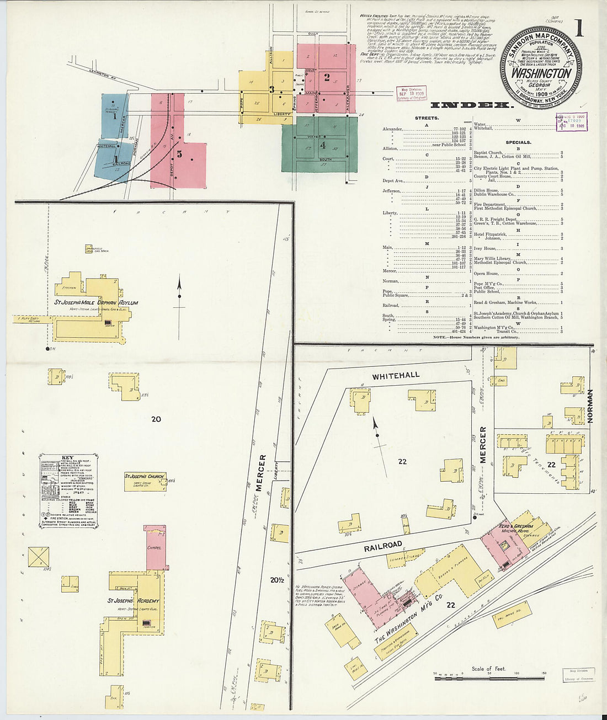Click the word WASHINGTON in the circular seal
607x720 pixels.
tap(541, 73)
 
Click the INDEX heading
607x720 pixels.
tap(470, 105)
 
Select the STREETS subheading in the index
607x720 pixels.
tap(427, 118)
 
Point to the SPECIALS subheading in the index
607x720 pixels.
tap(518, 142)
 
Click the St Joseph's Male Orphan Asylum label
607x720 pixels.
tap(96, 303)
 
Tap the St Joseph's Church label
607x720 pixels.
tap(144, 476)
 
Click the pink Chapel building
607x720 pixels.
tap(156, 548)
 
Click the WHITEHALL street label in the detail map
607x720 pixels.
tap(396, 376)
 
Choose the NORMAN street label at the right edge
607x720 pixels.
tap(589, 406)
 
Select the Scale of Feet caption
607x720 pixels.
tap(489, 669)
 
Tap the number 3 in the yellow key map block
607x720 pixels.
tap(271, 89)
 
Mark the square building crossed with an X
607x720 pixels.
tap(38, 557)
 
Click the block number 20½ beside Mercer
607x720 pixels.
tap(276, 580)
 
